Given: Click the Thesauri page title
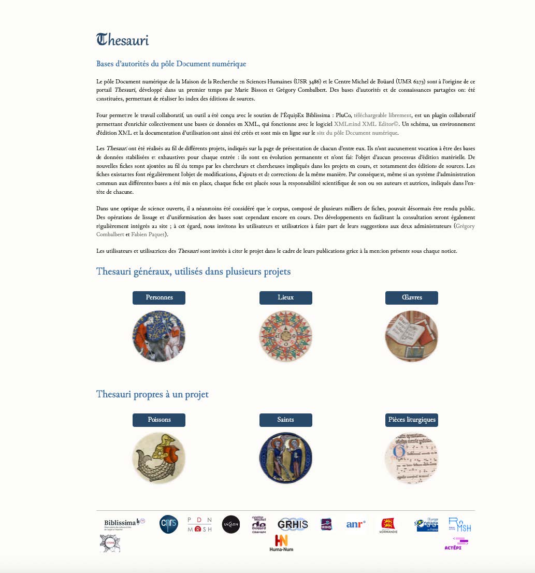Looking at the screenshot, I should click(x=123, y=40).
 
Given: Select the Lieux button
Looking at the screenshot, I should click(x=285, y=298).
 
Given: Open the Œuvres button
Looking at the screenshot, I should click(x=412, y=298).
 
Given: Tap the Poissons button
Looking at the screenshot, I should click(x=159, y=420).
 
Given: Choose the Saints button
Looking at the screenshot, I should click(x=285, y=420).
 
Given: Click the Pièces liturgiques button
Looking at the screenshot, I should click(x=412, y=420).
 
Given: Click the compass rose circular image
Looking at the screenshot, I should click(x=285, y=336).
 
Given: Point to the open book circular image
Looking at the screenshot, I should click(x=412, y=336).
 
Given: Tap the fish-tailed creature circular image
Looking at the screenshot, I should click(x=159, y=459).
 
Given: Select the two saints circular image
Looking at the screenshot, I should click(x=285, y=459).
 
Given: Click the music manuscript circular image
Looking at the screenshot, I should click(x=412, y=459).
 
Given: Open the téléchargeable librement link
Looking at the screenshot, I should click(x=382, y=116).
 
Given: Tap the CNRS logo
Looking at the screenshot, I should click(x=169, y=524).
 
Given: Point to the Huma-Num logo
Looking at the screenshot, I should click(x=281, y=543).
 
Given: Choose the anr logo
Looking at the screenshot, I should click(x=356, y=524).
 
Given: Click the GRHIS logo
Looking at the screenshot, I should click(x=293, y=524).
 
